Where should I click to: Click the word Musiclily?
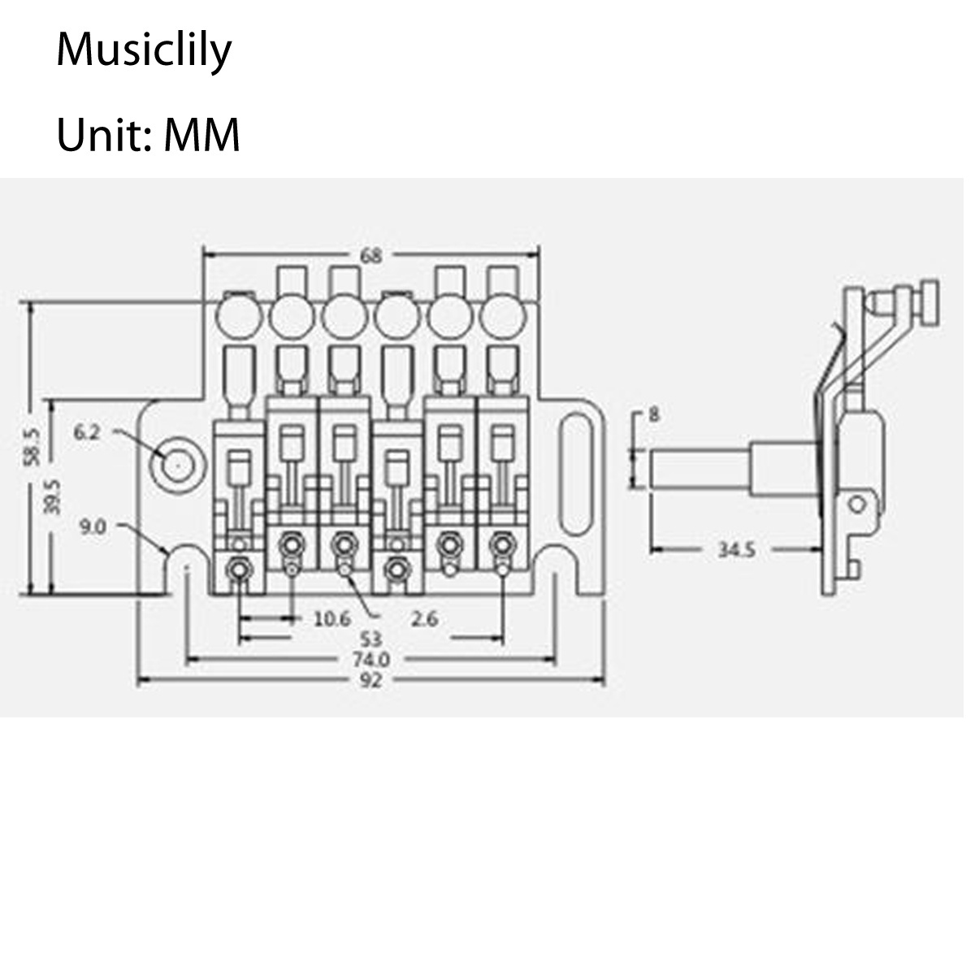pyautogui.click(x=144, y=51)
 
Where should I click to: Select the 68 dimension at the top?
pyautogui.click(x=370, y=256)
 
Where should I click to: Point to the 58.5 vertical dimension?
pyautogui.click(x=33, y=444)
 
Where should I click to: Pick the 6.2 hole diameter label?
pyautogui.click(x=87, y=432)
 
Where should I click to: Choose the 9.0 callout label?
pyautogui.click(x=93, y=527)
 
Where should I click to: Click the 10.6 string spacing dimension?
pyautogui.click(x=331, y=619)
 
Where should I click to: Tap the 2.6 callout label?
pyautogui.click(x=424, y=619)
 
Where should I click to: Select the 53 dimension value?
pyautogui.click(x=370, y=639)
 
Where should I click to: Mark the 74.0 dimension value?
pyautogui.click(x=370, y=659)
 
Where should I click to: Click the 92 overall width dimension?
pyautogui.click(x=370, y=681)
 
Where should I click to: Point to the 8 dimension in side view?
pyautogui.click(x=655, y=415)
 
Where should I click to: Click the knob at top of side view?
pyautogui.click(x=928, y=303)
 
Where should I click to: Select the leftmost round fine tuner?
pyautogui.click(x=239, y=313)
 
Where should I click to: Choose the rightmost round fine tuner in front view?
pyautogui.click(x=502, y=313)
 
